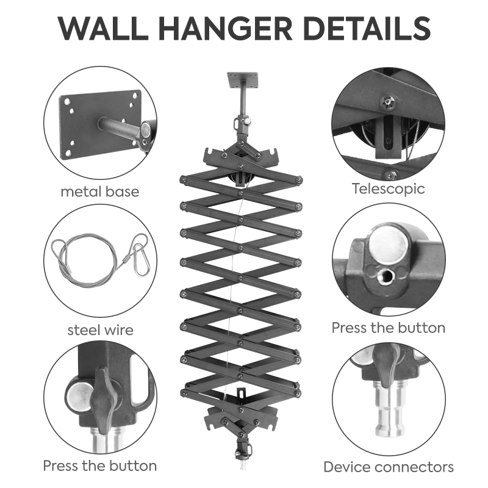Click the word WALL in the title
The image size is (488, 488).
coord(103,29)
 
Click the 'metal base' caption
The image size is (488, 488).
coord(100,192)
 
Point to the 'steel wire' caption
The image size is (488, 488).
coord(100,330)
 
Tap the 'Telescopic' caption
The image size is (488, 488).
coord(388,189)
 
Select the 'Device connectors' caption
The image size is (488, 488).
coord(388,467)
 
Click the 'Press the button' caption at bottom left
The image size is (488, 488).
coord(100,466)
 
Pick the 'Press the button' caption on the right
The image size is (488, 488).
coord(388,328)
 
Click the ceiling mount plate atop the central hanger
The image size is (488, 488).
coord(242,81)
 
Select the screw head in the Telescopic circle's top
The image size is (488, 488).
coord(389,102)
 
